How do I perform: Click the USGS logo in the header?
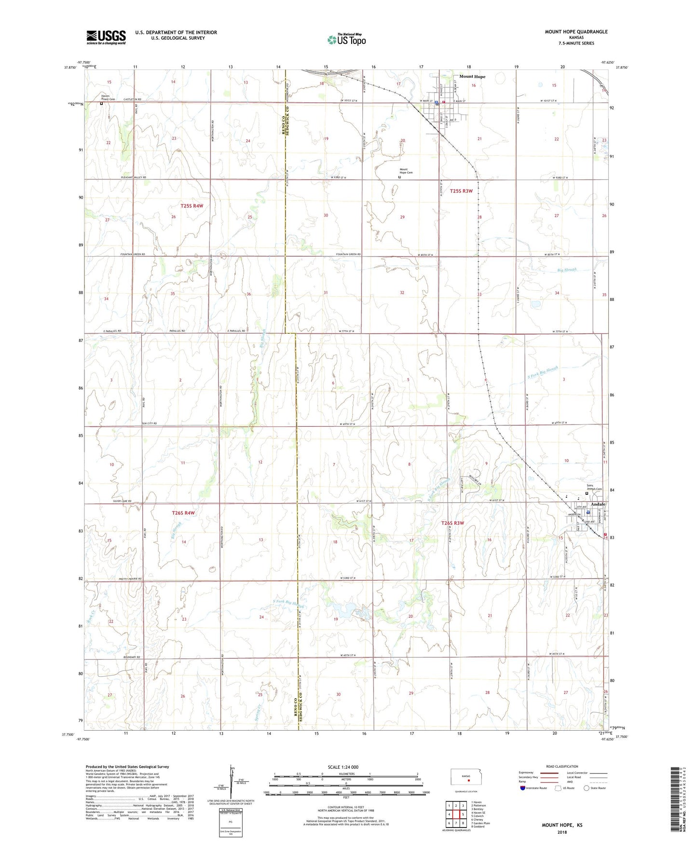(106, 37)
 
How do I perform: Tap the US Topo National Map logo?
(346, 40)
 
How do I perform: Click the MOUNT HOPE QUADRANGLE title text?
(576, 32)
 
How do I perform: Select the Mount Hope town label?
(472, 76)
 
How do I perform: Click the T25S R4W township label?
(192, 206)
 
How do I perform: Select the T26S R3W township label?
(452, 523)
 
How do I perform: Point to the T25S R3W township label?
(461, 191)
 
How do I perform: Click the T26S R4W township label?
(183, 513)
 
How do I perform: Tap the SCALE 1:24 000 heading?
(343, 767)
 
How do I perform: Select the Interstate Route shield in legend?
(523, 788)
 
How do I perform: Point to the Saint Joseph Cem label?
(594, 488)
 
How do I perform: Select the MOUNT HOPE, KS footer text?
(562, 825)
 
